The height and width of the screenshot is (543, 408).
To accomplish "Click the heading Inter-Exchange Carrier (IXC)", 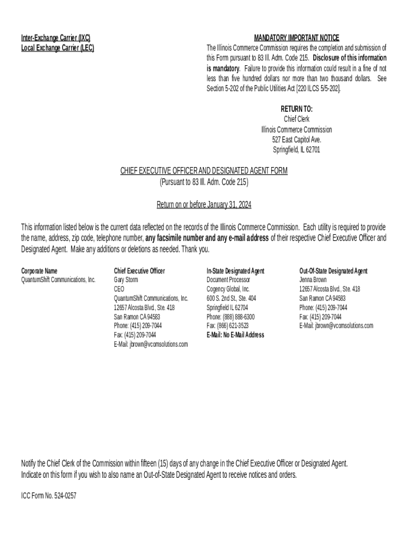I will pos(56,38).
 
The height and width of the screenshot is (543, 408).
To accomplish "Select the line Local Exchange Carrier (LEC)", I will pos(58,48).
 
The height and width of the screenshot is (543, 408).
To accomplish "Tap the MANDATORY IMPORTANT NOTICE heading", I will pos(296,38).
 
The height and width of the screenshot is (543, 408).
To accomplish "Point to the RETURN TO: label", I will pos(296,109).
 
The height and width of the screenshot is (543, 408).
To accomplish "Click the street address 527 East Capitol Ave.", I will pos(296,139).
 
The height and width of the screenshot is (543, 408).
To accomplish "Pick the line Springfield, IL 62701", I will pos(296,150).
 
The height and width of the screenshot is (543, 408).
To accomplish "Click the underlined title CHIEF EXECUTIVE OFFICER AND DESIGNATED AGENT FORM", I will pos(203,171).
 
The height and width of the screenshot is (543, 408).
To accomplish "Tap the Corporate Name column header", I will pos(39,271).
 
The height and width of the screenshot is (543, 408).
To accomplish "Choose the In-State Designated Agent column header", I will pos(235,271).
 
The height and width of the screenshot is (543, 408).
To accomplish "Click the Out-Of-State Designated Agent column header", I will pos(333,271).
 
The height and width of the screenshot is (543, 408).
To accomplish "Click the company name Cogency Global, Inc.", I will pos(228,289).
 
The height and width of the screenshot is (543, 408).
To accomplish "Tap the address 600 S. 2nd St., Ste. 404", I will pos(231,298).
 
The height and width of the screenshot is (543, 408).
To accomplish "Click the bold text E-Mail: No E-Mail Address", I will pos(235,335).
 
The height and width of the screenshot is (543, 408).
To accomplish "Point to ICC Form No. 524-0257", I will pos(45,498).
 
